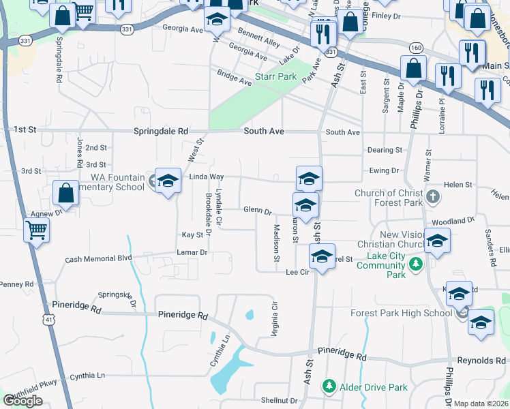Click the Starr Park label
[x=275, y=76]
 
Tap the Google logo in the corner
[x=22, y=401]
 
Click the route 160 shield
[x=415, y=47]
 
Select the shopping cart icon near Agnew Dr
[x=36, y=230]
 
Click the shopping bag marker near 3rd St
[x=65, y=194]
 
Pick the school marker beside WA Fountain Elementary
[x=168, y=181]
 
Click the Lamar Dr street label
[x=193, y=253]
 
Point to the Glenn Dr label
[x=257, y=211]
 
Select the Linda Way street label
[x=207, y=177]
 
